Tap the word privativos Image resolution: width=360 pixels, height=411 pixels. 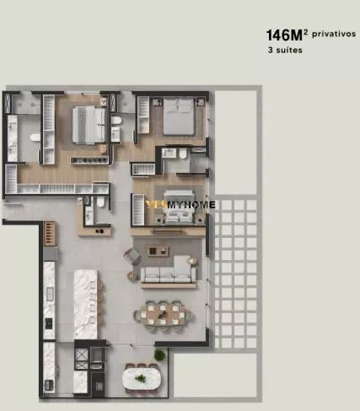tap(334, 34)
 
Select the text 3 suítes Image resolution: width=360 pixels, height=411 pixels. tap(285, 50)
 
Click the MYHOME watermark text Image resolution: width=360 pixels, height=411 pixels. tap(191, 205)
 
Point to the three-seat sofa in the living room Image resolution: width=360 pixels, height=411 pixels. tap(168, 272)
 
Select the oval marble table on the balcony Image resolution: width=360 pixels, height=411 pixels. tap(142, 379)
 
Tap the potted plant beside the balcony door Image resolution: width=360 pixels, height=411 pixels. tap(159, 355)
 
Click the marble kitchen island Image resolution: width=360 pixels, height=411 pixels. tap(86, 305)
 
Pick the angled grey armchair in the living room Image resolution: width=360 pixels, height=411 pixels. tap(132, 256)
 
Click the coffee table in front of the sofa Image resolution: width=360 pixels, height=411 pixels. tap(159, 251)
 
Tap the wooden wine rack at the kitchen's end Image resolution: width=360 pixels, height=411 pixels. tap(50, 233)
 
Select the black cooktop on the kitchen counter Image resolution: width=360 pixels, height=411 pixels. tap(49, 323)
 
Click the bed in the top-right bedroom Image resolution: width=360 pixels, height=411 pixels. tap(179, 116)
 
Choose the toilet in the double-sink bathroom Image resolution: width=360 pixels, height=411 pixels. tap(35, 138)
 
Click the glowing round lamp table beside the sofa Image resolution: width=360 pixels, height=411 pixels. tap(192, 261)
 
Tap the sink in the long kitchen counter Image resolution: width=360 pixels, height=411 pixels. tap(50, 294)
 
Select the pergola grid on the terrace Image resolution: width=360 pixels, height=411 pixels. tap(235, 273)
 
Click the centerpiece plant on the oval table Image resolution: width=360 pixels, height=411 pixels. tap(140, 378)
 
